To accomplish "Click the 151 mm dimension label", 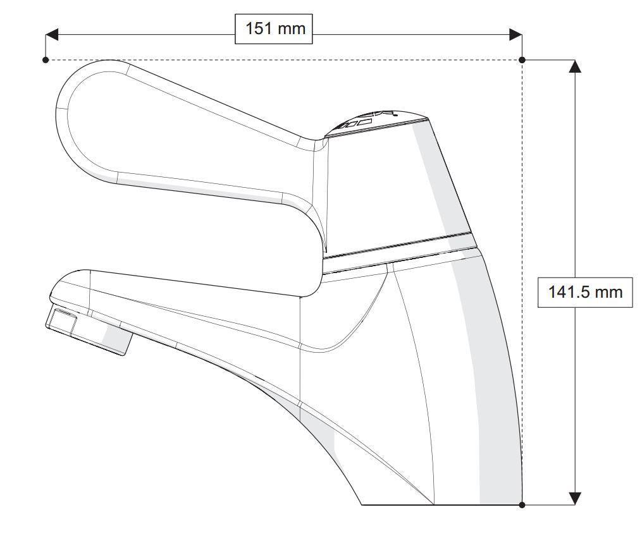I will click(274, 29).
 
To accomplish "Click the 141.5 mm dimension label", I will click(584, 291).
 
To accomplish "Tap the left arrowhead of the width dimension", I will click(52, 34).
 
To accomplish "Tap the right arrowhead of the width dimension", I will click(515, 34).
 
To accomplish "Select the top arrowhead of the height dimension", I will click(574, 66).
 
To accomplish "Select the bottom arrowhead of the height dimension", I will click(574, 498).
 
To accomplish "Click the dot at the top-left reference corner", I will click(46, 60).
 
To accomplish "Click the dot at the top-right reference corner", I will click(522, 60).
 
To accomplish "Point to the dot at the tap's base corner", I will click(522, 504).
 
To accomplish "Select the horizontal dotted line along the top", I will click(285, 60).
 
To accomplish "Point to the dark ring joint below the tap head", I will click(398, 247).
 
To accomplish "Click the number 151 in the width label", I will click(257, 29).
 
